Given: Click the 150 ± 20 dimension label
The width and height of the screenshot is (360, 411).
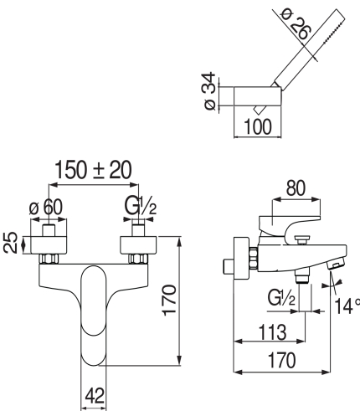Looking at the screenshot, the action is pyautogui.click(x=93, y=170).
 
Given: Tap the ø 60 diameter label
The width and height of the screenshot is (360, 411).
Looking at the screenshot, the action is pyautogui.click(x=46, y=207).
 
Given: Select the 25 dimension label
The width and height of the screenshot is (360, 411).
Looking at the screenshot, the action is pyautogui.click(x=11, y=243).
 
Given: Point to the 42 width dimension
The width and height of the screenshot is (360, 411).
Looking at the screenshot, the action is pyautogui.click(x=95, y=395).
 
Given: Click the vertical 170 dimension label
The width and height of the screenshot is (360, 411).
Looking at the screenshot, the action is pyautogui.click(x=169, y=301).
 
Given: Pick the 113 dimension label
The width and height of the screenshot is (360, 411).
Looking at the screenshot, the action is pyautogui.click(x=272, y=332).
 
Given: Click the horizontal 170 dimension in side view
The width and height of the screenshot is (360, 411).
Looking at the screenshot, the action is pyautogui.click(x=281, y=360).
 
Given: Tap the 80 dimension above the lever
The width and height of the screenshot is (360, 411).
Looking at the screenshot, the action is pyautogui.click(x=296, y=188).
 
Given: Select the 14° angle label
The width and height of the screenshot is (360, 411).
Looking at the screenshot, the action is pyautogui.click(x=347, y=306).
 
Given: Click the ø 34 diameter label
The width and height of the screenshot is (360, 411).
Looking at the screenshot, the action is pyautogui.click(x=209, y=91).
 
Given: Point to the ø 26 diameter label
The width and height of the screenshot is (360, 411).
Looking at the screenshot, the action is pyautogui.click(x=296, y=24).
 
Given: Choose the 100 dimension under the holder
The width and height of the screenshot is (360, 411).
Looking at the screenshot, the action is pyautogui.click(x=257, y=127).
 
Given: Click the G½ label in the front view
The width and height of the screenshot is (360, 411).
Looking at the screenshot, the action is pyautogui.click(x=140, y=206).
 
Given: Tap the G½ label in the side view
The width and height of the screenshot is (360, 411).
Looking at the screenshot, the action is pyautogui.click(x=281, y=297).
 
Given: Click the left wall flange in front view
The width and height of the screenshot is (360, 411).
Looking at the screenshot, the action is pyautogui.click(x=49, y=245).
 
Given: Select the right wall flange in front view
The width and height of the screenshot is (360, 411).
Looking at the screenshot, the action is pyautogui.click(x=138, y=245).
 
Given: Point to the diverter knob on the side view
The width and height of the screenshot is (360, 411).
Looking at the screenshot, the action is pyautogui.click(x=302, y=239).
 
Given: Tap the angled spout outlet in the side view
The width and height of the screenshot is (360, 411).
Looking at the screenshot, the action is pyautogui.click(x=336, y=263).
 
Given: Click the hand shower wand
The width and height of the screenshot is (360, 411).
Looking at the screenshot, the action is pyautogui.click(x=309, y=49).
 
